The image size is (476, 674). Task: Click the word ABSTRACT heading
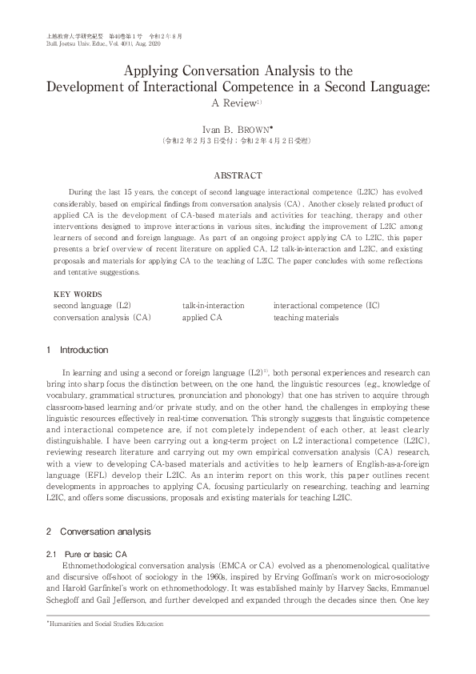(x=238, y=175)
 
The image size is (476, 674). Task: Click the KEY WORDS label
(x=78, y=295)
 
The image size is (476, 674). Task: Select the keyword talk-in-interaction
(x=213, y=306)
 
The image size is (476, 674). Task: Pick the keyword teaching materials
(x=306, y=318)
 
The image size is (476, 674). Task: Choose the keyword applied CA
(x=202, y=318)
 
